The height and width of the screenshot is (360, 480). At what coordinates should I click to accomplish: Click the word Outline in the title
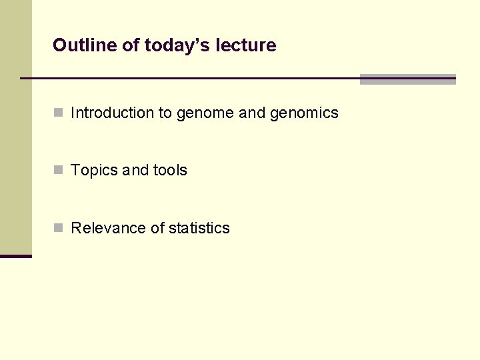[x=78, y=45]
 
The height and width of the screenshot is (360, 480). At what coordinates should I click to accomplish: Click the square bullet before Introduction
[x=59, y=113]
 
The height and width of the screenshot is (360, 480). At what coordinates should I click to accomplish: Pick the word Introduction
[x=112, y=113]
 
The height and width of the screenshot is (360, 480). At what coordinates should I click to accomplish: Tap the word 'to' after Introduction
[x=165, y=113]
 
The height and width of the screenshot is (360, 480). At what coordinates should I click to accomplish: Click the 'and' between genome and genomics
[x=252, y=113]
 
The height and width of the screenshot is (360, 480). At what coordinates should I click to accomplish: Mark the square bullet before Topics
[x=59, y=170]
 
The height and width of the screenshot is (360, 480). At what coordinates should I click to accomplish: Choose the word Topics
[x=94, y=171]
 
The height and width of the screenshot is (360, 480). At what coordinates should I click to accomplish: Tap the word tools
[x=170, y=171]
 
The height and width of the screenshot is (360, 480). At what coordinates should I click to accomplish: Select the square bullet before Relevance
[x=59, y=227]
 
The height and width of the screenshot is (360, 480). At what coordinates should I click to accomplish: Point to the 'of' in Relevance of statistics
[x=157, y=228]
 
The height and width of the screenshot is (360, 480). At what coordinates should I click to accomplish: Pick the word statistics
[x=199, y=228]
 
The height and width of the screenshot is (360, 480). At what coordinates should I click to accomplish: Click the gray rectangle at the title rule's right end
[x=407, y=79]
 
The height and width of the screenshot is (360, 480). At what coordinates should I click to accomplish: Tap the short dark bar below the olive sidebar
[x=16, y=256]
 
